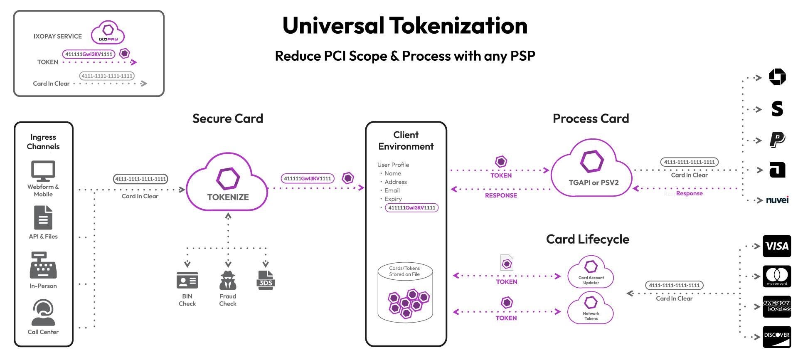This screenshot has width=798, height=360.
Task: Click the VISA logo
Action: pyautogui.click(x=776, y=246)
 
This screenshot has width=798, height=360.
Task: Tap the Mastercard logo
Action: pyautogui.click(x=776, y=276)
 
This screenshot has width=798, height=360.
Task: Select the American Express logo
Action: pyautogui.click(x=776, y=306)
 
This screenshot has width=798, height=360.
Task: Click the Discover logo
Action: pyautogui.click(x=776, y=336)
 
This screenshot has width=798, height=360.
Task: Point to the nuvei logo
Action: pyautogui.click(x=777, y=200)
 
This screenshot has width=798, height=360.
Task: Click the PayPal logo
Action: pyautogui.click(x=777, y=140)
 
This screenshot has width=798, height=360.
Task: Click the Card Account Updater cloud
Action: pyautogui.click(x=591, y=272)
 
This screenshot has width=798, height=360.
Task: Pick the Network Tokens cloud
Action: pyautogui.click(x=591, y=308)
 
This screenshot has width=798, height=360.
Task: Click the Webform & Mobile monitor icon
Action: pyautogui.click(x=43, y=171)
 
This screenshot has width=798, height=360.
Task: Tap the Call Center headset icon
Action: pyautogui.click(x=43, y=312)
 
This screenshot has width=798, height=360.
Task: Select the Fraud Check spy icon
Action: pyautogui.click(x=228, y=280)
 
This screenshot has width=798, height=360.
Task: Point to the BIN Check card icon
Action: pyautogui.click(x=187, y=280)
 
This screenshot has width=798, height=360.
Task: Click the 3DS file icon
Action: pyautogui.click(x=266, y=280)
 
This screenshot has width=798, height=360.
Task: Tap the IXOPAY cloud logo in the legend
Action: pyautogui.click(x=108, y=32)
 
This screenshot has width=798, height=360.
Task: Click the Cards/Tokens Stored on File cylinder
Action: pyautogui.click(x=405, y=293)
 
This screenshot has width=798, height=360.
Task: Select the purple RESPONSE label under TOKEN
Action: pyautogui.click(x=501, y=195)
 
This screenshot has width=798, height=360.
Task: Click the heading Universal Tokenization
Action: pyautogui.click(x=405, y=25)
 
